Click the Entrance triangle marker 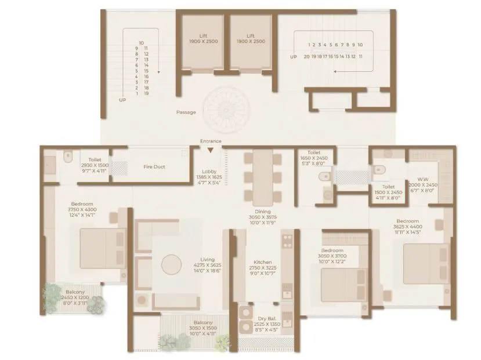click(x=210, y=151)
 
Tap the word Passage click(x=186, y=112)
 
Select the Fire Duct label click(x=154, y=167)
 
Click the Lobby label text click(x=209, y=172)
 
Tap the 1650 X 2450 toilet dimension click(x=314, y=158)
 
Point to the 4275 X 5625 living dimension click(x=208, y=266)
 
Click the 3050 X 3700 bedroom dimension click(x=331, y=256)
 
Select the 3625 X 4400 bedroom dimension click(x=408, y=227)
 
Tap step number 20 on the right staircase click(x=306, y=57)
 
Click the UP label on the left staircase click(x=122, y=100)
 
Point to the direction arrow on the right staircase click(x=348, y=68)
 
